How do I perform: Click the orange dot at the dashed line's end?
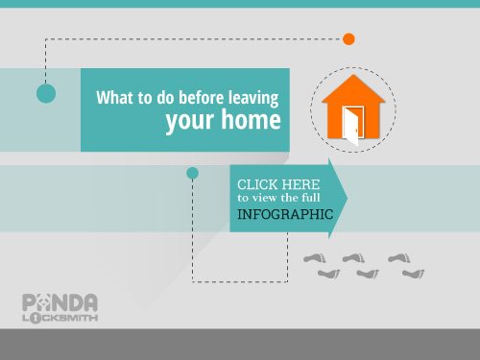[x=348, y=39]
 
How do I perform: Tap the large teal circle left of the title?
[x=45, y=93]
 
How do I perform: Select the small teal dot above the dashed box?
[x=192, y=173]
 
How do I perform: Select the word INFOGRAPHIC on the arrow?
[x=285, y=215]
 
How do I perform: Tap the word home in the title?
[x=249, y=121]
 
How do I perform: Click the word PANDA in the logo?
[x=59, y=301]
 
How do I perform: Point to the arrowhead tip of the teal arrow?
[x=347, y=199]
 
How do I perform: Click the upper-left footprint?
[x=315, y=258]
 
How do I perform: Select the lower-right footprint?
[x=413, y=274]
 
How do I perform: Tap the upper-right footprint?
[x=398, y=258]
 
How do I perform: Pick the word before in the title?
[x=197, y=97]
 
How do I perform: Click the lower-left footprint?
[x=329, y=274]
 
